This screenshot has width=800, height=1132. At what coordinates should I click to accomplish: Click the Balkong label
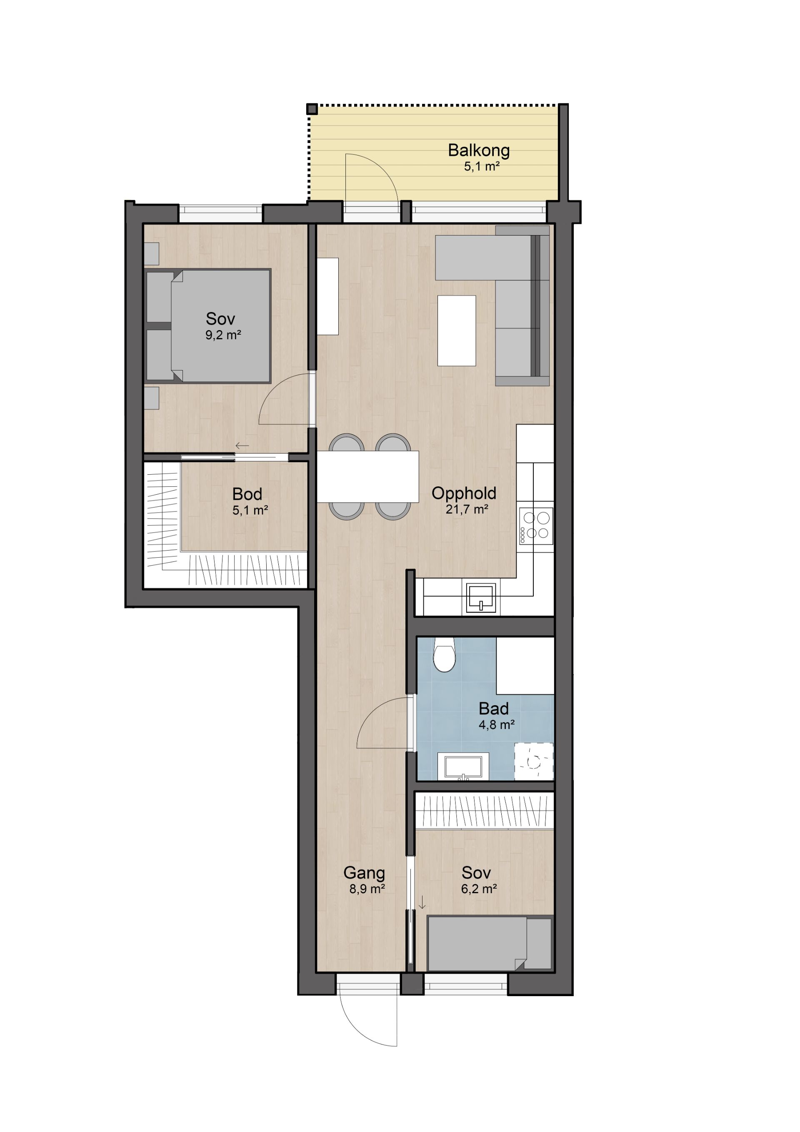(x=478, y=150)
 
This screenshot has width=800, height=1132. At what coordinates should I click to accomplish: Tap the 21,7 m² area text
(x=467, y=509)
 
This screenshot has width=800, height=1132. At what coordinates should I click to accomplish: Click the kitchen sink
(x=480, y=597)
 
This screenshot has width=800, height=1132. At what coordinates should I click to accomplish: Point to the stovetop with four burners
(x=536, y=526)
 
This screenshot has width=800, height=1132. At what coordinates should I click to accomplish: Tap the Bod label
(x=247, y=494)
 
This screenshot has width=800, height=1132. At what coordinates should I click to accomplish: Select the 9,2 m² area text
(x=223, y=335)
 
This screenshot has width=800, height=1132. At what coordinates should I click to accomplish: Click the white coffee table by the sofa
(x=456, y=331)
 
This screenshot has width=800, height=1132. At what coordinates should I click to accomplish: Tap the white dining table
(x=368, y=477)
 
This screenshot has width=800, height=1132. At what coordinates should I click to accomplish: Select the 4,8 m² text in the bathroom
(x=496, y=725)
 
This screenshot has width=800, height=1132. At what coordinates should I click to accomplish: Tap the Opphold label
(x=464, y=493)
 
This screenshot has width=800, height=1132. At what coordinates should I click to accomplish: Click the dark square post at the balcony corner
(x=312, y=109)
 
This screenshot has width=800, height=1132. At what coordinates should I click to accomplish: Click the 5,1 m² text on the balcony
(x=482, y=166)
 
